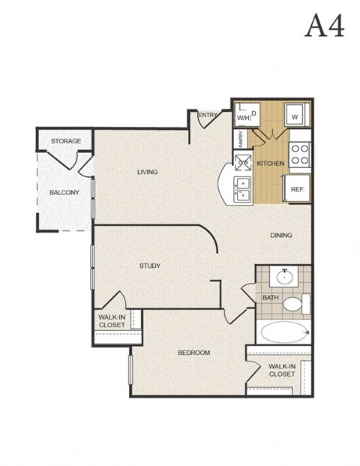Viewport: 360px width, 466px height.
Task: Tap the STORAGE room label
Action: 65,141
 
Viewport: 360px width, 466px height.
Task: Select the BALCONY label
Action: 64,193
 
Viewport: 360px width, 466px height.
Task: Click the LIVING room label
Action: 148,172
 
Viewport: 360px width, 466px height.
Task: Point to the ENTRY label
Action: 208,115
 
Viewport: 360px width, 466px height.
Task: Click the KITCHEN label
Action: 270,163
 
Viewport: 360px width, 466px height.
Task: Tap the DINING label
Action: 280,235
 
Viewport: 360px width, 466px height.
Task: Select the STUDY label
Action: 150,266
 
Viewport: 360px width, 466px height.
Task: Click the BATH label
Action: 270,297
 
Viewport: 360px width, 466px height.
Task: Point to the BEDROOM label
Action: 193,353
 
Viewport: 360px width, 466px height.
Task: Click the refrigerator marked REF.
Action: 296,189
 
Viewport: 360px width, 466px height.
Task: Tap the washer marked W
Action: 295,116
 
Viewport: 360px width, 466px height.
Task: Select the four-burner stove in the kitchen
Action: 300,154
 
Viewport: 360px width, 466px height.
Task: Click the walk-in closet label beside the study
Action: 112,321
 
